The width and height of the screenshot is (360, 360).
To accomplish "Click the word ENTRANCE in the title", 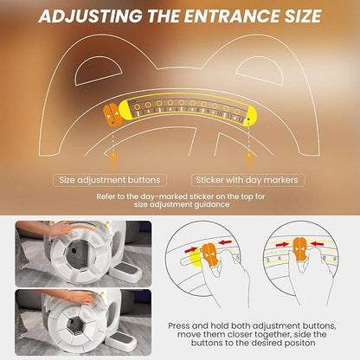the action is click(x=233, y=16).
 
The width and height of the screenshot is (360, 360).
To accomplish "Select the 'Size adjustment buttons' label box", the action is click(x=110, y=180).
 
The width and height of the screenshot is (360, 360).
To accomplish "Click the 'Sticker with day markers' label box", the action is click(x=247, y=180).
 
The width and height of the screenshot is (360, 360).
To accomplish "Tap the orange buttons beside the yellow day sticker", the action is click(x=112, y=115).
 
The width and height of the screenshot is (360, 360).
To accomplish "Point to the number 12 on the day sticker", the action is click(x=241, y=120).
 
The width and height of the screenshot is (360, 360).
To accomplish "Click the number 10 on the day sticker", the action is click(x=220, y=114).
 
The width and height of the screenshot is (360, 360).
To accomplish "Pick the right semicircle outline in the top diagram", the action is click(x=260, y=71).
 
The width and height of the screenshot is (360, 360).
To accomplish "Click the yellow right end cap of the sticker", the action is click(x=251, y=116).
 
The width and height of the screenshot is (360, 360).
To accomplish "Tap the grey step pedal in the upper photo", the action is click(x=127, y=271).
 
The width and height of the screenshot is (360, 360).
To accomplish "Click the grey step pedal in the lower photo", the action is click(x=121, y=339).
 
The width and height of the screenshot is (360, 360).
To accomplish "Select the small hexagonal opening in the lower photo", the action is click(x=76, y=325).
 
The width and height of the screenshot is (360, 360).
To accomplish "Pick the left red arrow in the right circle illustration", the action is click(x=282, y=245).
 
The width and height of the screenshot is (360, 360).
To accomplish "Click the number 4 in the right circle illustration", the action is click(x=279, y=258).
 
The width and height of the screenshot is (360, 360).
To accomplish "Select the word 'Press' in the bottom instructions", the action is click(x=178, y=326).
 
